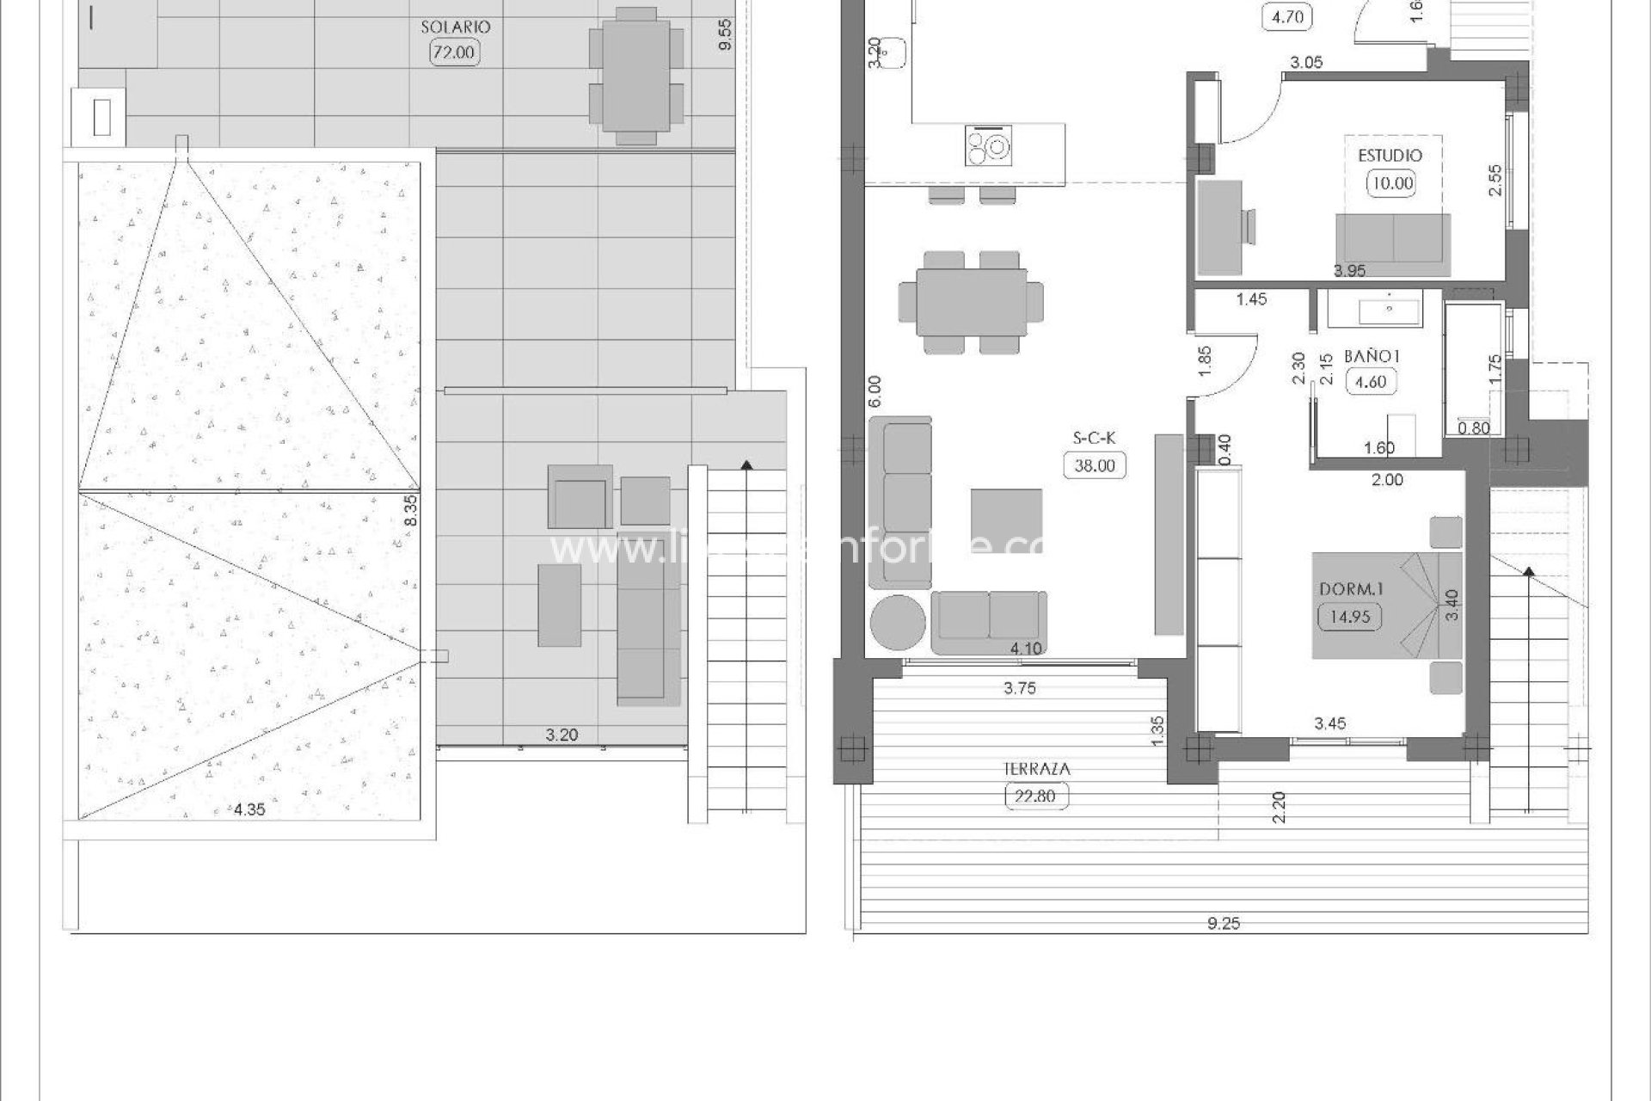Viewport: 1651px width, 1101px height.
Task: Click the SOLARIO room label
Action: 455,27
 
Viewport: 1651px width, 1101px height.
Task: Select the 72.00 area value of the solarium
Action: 453,52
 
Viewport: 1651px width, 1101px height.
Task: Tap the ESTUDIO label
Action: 1390,156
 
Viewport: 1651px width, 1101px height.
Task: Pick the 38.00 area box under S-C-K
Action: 1095,465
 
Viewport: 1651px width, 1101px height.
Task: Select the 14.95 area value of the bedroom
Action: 1349,617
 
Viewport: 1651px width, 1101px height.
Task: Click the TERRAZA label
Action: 1036,770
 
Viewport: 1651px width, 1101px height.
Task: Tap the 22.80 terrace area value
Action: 1036,797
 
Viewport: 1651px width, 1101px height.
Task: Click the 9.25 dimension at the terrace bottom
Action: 1224,924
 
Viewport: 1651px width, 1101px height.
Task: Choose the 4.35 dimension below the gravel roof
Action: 249,809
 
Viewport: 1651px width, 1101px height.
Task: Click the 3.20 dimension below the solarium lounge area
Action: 562,735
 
